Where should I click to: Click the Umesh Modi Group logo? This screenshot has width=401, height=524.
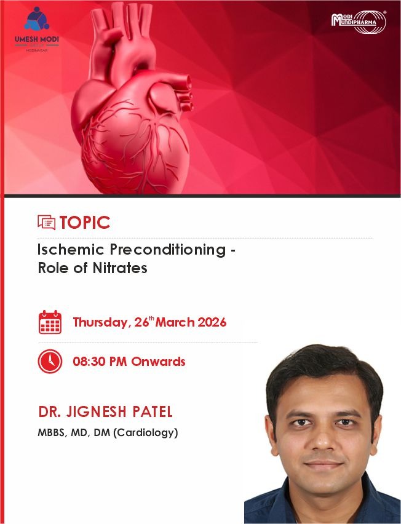coord(37,29)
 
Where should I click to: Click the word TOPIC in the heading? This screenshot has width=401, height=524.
coord(85,223)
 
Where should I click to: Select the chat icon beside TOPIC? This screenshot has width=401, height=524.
coord(47,223)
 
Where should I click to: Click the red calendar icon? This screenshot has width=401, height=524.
coord(50,322)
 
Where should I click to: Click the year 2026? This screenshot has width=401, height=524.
coord(212,322)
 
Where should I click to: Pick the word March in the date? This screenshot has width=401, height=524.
coord(175,322)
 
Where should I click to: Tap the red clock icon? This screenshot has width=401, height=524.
coord(50,361)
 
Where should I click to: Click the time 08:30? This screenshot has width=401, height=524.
coord(88,362)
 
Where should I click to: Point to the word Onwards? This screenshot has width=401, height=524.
coord(158,362)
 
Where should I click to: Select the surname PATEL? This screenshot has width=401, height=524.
coord(153,411)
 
